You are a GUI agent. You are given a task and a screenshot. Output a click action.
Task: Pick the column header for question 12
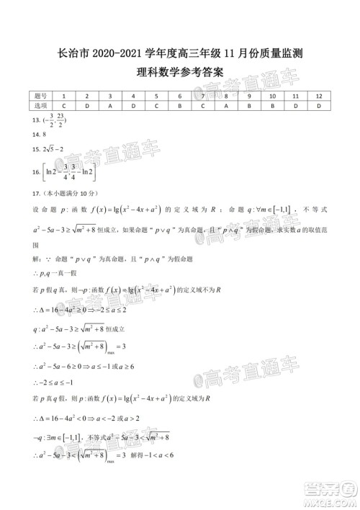[318, 95]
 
